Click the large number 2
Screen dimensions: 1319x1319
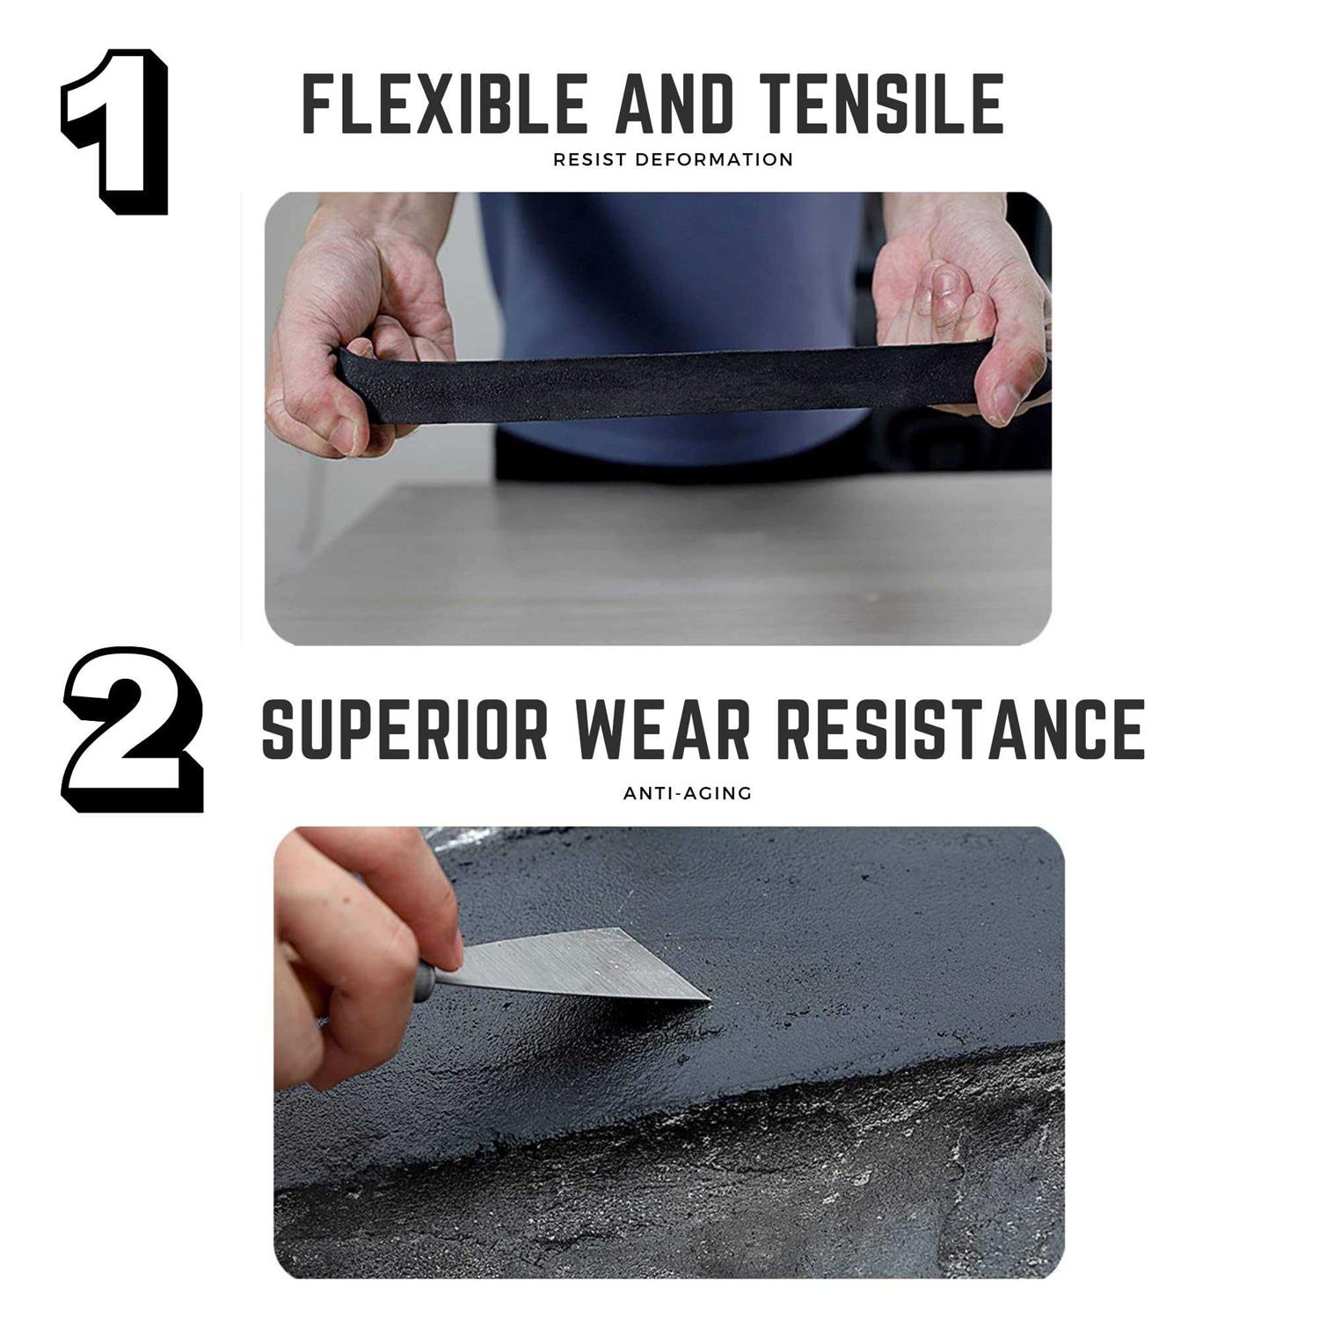[132, 730]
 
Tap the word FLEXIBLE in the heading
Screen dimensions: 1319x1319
[445, 104]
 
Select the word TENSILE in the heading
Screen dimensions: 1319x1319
[884, 104]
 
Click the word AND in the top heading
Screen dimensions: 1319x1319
[674, 104]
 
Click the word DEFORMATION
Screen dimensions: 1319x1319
[714, 160]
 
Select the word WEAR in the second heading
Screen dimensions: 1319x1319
[666, 729]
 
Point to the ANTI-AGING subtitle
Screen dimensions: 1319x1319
[688, 793]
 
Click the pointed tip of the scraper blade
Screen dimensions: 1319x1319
[708, 998]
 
